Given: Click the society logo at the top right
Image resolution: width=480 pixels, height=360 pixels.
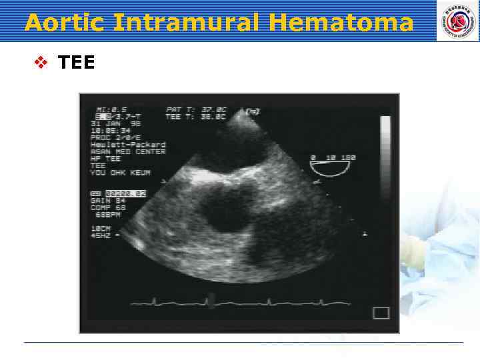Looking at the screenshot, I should click(457, 21).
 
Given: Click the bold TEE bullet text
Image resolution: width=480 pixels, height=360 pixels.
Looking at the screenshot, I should click(76, 63).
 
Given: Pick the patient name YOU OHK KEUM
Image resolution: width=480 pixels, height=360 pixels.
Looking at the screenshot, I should click(120, 173).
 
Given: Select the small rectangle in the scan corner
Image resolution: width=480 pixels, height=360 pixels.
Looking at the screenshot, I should click(381, 313).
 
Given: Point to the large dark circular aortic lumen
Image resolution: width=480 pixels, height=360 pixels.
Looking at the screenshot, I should click(223, 213).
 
